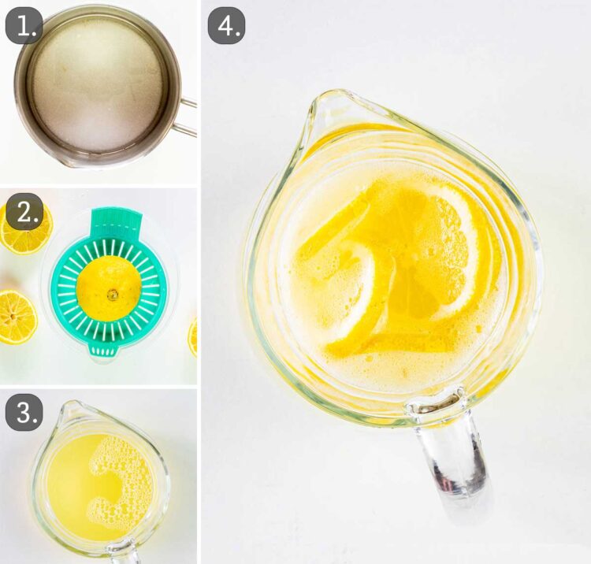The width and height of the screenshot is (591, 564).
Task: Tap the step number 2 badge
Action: click(x=24, y=212)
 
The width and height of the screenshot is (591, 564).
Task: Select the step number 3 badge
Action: click(x=24, y=412)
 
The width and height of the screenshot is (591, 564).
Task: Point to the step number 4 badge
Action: click(x=226, y=27)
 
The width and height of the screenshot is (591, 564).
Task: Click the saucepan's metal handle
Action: click(x=188, y=115)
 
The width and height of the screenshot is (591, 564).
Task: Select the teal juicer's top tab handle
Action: click(x=115, y=222)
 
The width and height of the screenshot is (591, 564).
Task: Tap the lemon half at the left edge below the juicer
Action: click(x=16, y=316)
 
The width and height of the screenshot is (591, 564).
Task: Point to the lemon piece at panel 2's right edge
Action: click(x=193, y=336)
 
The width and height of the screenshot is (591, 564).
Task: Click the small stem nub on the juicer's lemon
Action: click(x=113, y=295)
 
